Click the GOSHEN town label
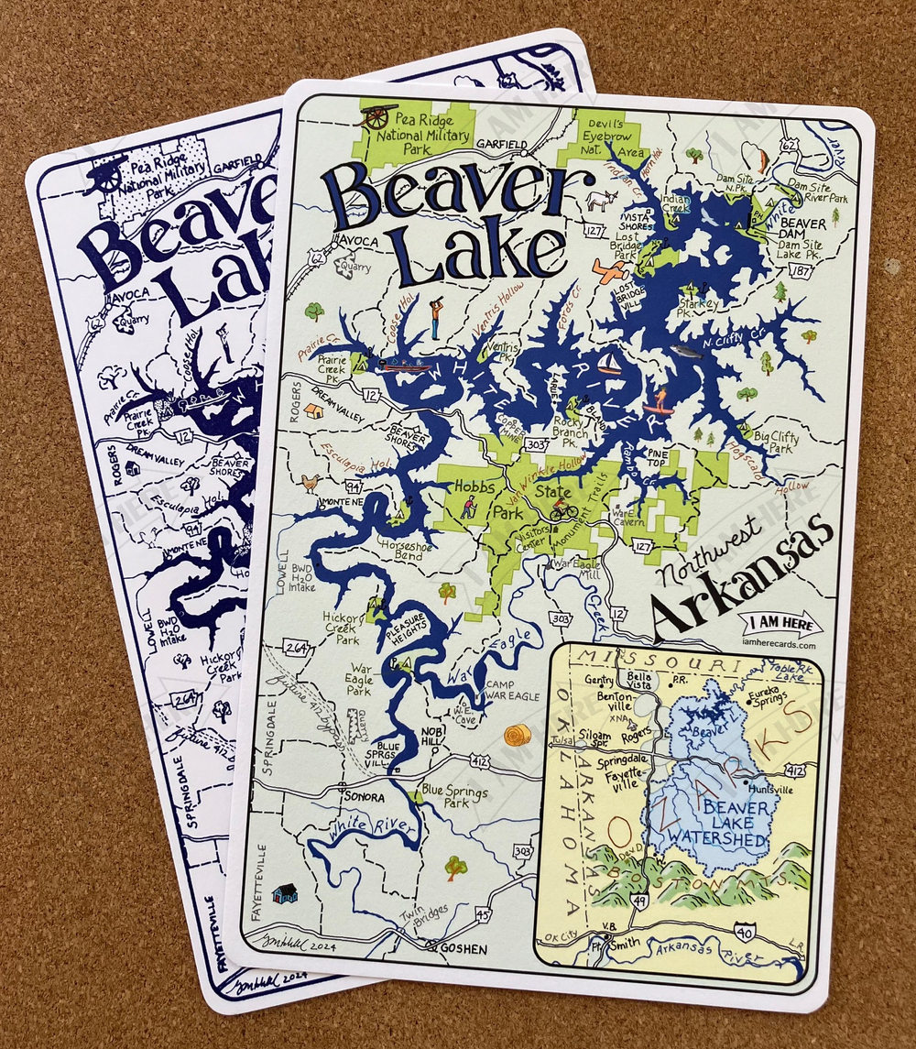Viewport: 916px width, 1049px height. (463, 948)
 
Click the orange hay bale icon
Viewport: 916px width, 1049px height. (518, 735)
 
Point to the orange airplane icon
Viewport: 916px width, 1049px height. (611, 270)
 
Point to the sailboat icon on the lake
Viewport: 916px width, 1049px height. (609, 364)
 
